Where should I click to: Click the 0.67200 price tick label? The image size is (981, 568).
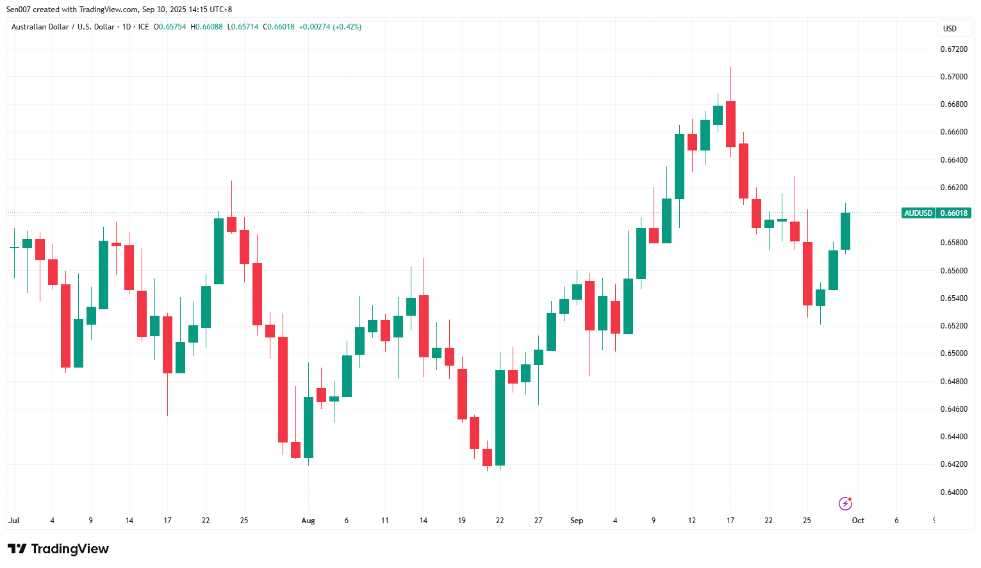click(953, 49)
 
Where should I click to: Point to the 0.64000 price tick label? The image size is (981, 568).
click(953, 492)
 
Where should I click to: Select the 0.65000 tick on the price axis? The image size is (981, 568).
click(953, 353)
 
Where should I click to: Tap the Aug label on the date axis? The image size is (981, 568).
click(308, 521)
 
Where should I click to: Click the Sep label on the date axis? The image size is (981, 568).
click(577, 521)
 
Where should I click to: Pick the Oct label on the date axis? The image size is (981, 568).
click(858, 521)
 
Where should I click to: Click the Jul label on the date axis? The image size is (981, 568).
click(14, 521)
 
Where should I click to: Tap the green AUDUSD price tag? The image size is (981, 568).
click(918, 213)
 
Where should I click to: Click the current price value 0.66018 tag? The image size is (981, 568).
click(953, 213)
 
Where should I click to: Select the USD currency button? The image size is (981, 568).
click(950, 28)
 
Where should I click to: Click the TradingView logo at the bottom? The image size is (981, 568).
click(58, 549)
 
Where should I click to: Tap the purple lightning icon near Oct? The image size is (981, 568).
click(845, 503)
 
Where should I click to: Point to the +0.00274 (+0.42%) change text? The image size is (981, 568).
click(330, 27)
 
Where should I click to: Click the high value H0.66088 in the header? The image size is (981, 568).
click(206, 27)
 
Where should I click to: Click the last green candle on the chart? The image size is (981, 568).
click(845, 231)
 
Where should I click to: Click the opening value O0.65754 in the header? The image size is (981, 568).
click(170, 27)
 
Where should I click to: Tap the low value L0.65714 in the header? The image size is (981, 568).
click(243, 27)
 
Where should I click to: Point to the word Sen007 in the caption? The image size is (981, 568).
click(18, 10)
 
